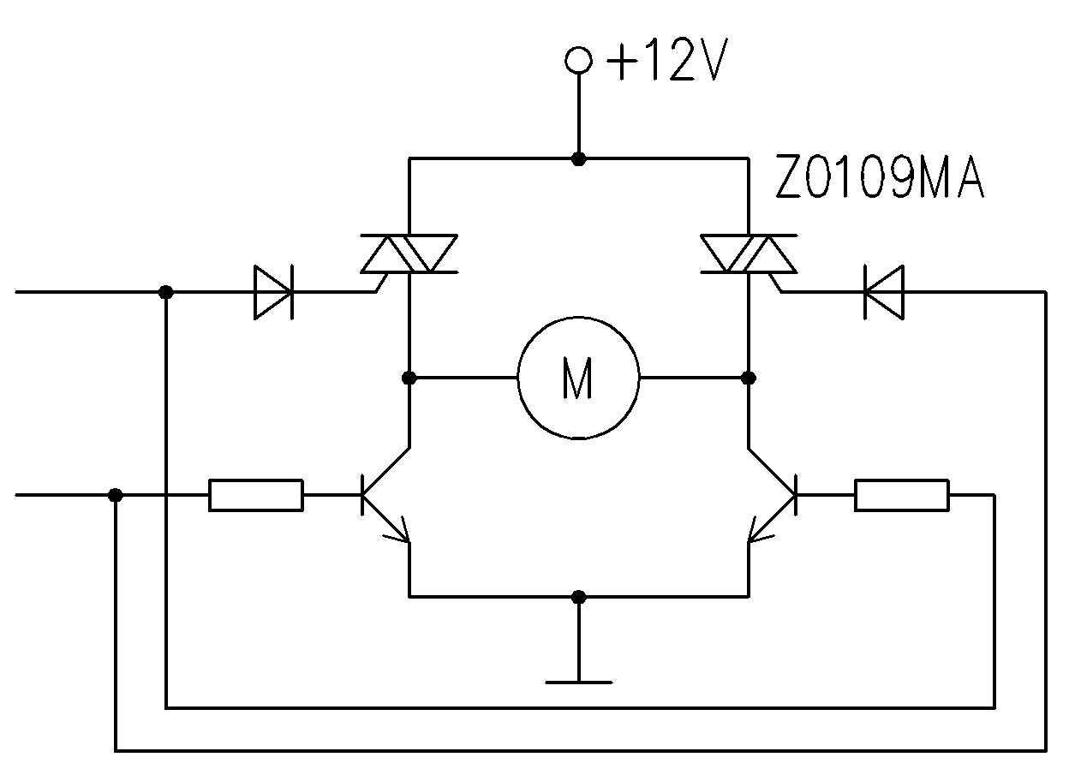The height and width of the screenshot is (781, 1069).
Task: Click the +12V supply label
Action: point(666,60)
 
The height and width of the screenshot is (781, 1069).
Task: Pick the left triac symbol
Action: point(409,253)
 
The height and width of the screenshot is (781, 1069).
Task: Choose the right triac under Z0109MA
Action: point(749,253)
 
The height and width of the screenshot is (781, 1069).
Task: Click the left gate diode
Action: point(273,292)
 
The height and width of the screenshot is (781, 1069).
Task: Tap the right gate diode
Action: point(884,292)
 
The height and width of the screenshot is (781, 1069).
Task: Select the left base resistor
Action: point(256,495)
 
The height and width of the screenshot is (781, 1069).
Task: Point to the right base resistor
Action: point(902,495)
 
